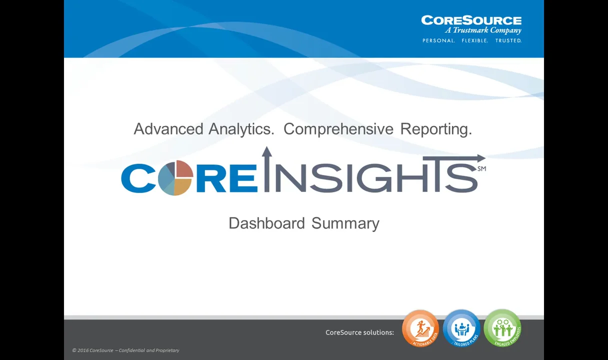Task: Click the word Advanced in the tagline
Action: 168,129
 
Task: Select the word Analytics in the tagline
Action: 241,129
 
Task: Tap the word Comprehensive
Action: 338,129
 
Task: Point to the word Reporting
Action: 436,129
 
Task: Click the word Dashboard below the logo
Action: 266,223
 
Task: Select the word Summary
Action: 345,223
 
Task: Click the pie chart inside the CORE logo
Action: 175,177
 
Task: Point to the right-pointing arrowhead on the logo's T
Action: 480,158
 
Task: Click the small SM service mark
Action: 481,169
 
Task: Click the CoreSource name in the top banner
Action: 471,20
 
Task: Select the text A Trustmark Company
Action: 483,30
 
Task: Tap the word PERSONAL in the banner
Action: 438,40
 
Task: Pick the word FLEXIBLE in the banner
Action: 474,40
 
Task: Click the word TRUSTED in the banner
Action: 508,40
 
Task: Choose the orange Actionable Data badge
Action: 420,328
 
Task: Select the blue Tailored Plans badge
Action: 461,328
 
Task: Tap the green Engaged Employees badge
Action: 502,328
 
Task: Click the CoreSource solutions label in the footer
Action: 359,332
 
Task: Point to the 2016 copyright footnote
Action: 125,350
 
